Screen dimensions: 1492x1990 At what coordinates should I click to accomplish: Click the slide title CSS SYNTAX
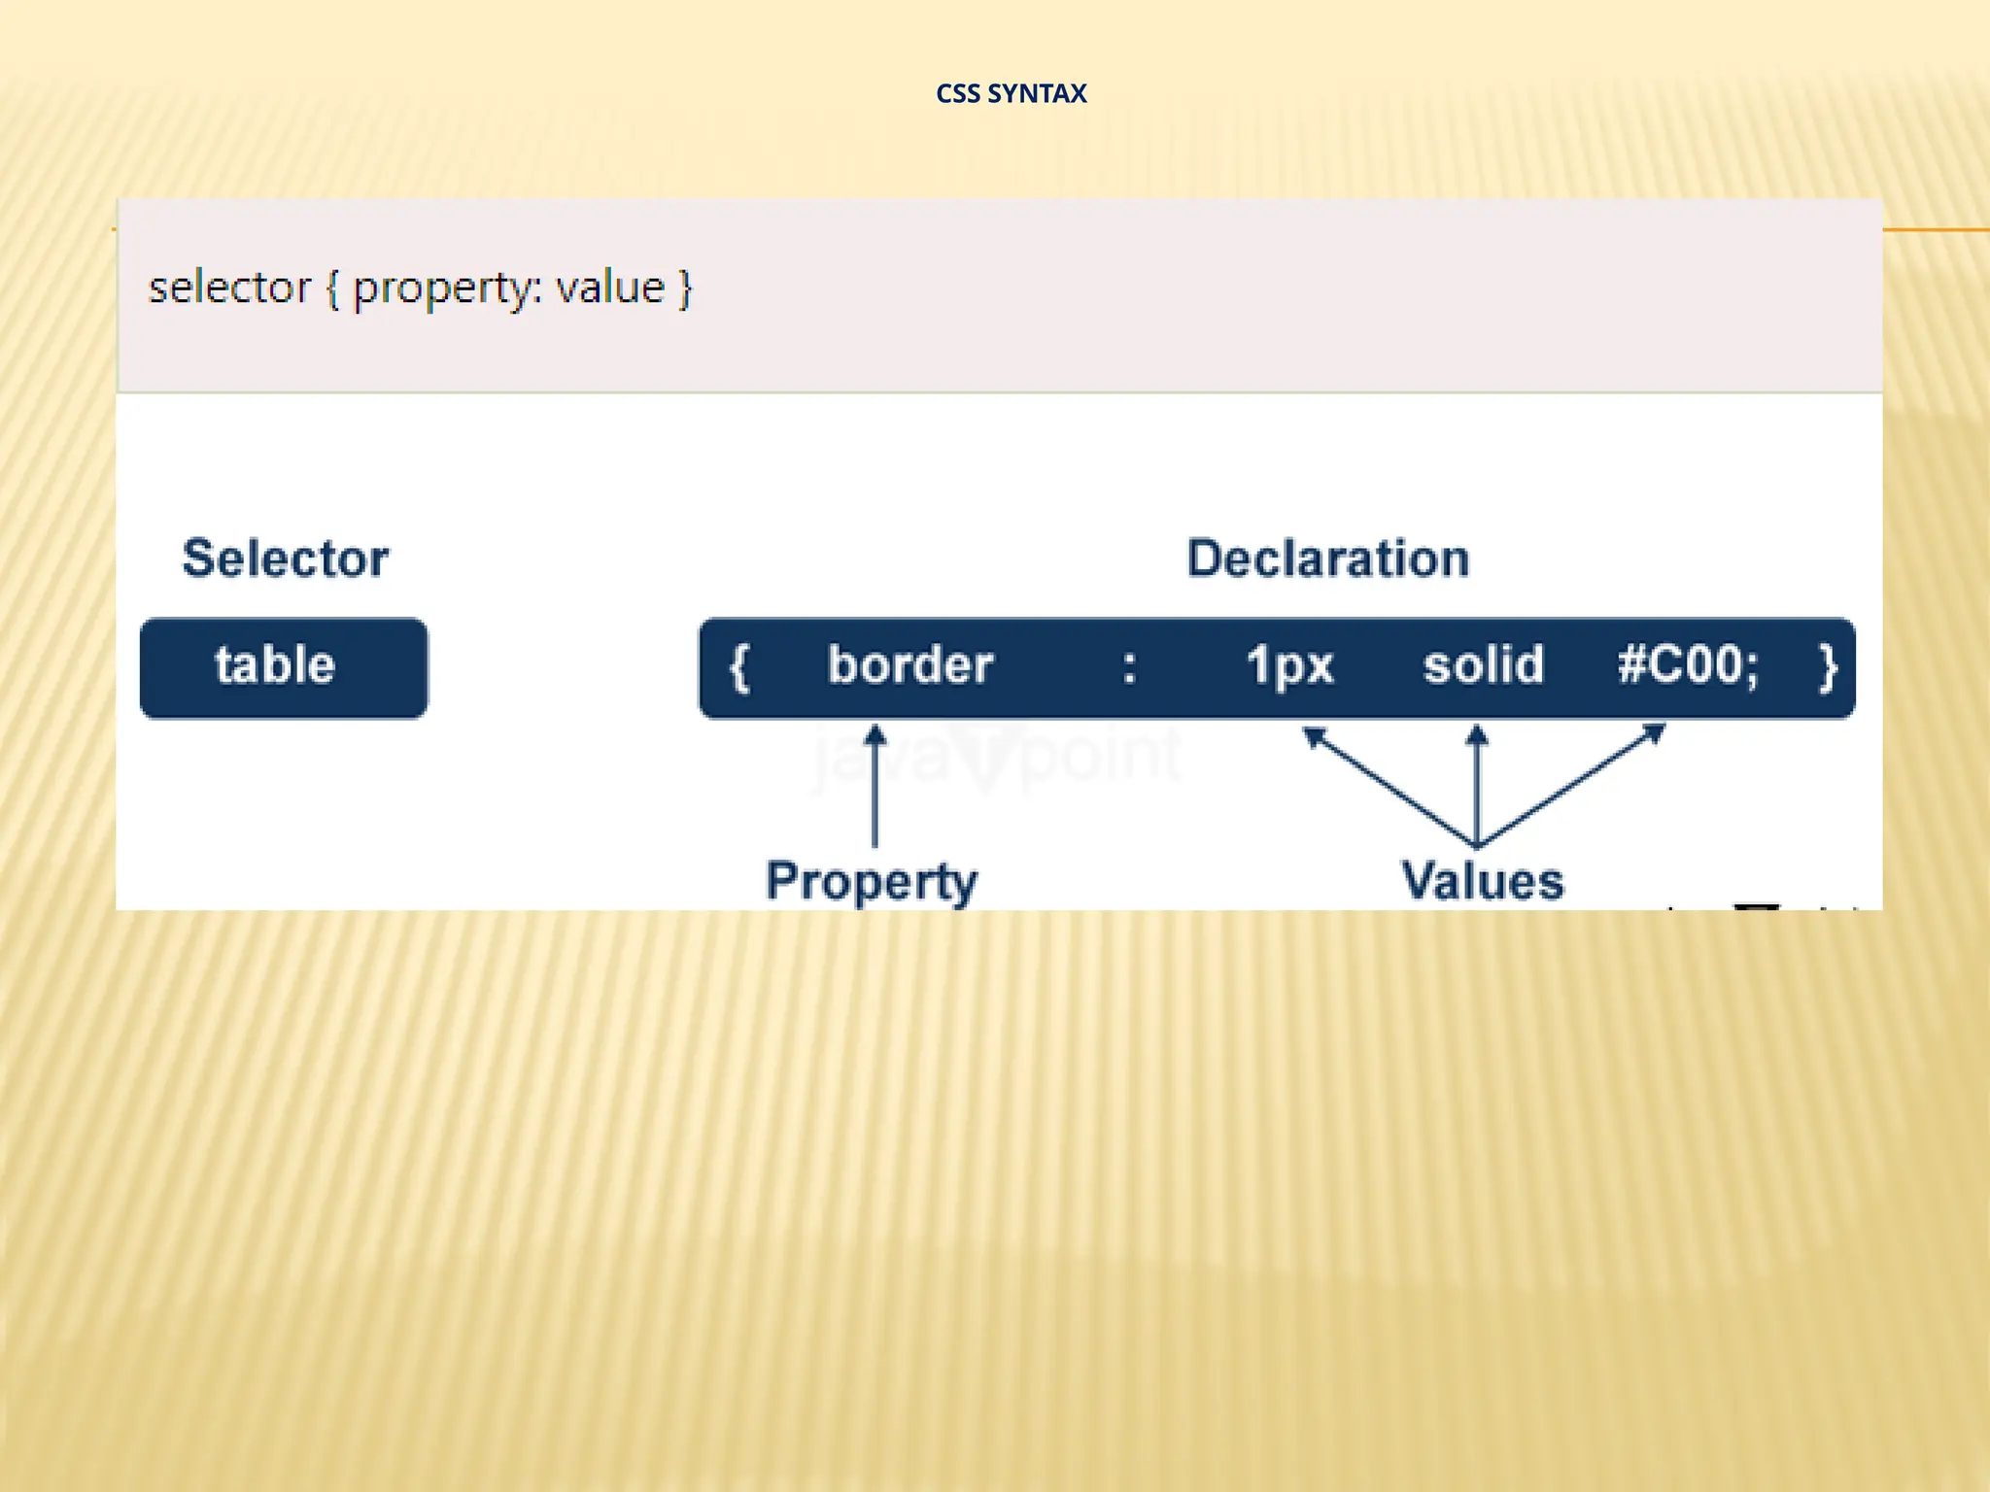tap(1011, 93)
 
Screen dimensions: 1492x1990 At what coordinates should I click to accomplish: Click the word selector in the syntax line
tap(229, 288)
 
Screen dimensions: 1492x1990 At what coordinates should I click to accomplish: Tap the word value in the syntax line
tap(610, 288)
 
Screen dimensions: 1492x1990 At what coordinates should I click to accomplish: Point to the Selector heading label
tap(286, 559)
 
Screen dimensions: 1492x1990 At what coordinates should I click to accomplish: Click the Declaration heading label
tap(1327, 559)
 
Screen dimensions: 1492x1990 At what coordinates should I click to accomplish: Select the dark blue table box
tap(284, 668)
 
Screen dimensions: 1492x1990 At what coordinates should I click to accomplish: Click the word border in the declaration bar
tap(909, 666)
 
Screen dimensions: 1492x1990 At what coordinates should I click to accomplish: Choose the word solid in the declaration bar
tap(1483, 666)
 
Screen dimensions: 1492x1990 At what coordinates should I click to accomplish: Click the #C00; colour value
tap(1688, 666)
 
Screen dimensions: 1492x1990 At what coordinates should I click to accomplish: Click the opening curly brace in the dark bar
tap(739, 668)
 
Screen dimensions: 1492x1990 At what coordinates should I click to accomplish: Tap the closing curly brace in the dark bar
tap(1828, 668)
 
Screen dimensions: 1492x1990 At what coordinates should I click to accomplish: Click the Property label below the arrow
tap(872, 881)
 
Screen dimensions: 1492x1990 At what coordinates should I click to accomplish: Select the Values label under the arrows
tap(1482, 881)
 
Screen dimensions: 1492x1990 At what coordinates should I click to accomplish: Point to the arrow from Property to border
tap(875, 787)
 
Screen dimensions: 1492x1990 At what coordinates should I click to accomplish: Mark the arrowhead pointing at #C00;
tap(1654, 733)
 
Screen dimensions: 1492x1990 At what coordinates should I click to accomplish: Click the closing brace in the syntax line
tap(685, 288)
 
